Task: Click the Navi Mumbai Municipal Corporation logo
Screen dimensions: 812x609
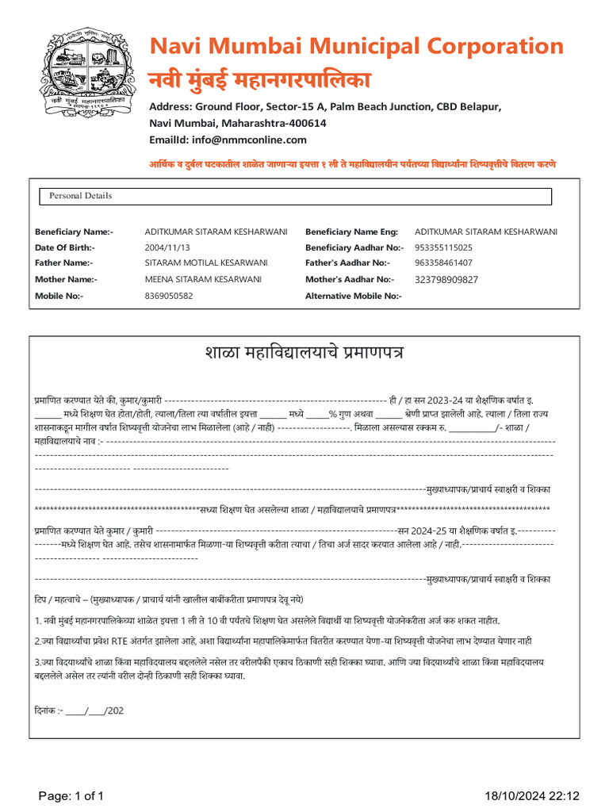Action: (x=87, y=71)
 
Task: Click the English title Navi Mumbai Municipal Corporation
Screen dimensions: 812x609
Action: (x=357, y=45)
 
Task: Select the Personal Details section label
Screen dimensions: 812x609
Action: (x=81, y=196)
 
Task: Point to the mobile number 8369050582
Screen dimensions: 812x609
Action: (x=168, y=296)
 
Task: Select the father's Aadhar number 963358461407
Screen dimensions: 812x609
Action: (x=443, y=262)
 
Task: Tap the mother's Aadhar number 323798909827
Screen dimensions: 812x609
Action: (x=446, y=279)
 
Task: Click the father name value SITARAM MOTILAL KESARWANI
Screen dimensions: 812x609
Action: (x=206, y=262)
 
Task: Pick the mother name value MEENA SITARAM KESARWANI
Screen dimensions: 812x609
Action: (x=203, y=279)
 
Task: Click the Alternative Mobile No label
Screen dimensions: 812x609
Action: (x=354, y=296)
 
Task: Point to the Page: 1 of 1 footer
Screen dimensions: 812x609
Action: (x=68, y=795)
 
